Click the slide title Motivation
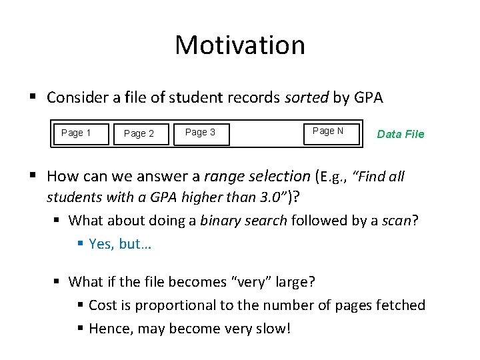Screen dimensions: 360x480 pyautogui.click(x=240, y=45)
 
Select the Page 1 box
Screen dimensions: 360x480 pyautogui.click(x=76, y=133)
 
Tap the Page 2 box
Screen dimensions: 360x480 pyautogui.click(x=139, y=133)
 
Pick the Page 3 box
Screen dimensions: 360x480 pyautogui.click(x=200, y=133)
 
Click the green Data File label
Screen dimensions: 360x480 pyautogui.click(x=400, y=134)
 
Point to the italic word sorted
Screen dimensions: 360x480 pyautogui.click(x=307, y=98)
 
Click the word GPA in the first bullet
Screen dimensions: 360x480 pyautogui.click(x=368, y=98)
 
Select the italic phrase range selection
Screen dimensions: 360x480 pyautogui.click(x=257, y=177)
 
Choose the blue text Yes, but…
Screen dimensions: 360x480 pyautogui.click(x=120, y=244)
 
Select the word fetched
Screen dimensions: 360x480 pyautogui.click(x=401, y=305)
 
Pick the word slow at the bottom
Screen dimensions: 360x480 pyautogui.click(x=271, y=329)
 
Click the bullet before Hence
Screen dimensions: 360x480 pyautogui.click(x=80, y=329)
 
